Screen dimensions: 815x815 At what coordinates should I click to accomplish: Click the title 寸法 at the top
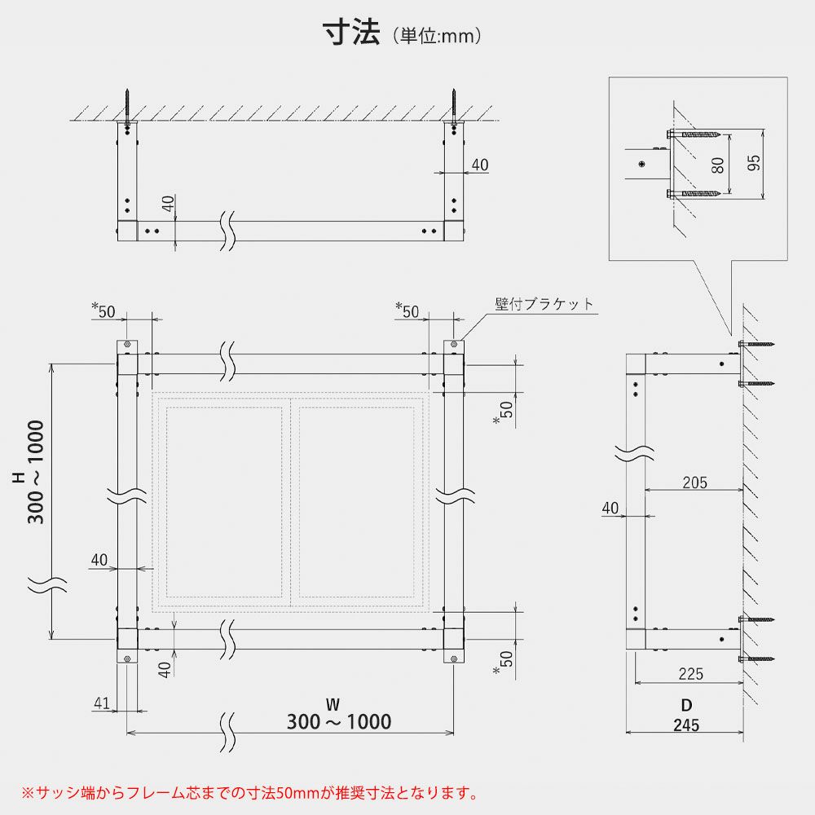click(x=352, y=33)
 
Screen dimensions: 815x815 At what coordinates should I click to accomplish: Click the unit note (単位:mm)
click(x=438, y=36)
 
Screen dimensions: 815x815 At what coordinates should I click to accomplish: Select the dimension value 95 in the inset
click(x=754, y=163)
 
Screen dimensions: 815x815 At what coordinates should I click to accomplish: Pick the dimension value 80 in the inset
click(x=717, y=165)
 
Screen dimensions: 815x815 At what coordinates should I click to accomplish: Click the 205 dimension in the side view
click(x=694, y=482)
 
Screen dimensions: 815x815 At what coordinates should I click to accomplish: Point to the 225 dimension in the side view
click(x=689, y=674)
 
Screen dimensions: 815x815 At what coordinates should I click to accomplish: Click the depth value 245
click(x=686, y=725)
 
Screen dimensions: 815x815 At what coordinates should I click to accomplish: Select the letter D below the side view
click(x=686, y=704)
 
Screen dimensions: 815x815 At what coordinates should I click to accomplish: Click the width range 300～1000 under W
click(x=339, y=721)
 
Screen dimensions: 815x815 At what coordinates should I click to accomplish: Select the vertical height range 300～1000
click(x=36, y=473)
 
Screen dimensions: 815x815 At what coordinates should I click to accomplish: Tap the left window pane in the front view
click(x=224, y=501)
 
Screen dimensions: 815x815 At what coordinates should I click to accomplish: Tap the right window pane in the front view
click(x=356, y=501)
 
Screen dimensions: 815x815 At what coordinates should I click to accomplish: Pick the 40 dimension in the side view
click(x=610, y=509)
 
